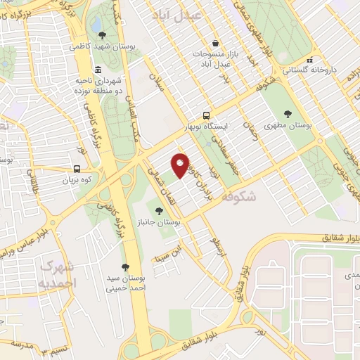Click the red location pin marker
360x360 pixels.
pos(180,165)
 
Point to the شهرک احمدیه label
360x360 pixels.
pos(56,275)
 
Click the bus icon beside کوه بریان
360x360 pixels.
pos(77,169)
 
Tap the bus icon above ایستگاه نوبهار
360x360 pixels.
pos(206,115)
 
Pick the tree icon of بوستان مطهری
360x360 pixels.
pos(288,114)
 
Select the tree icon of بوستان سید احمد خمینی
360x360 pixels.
pos(125,267)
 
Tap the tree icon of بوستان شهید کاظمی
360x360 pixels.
pos(103,34)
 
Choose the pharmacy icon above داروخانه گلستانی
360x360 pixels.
pos(310,60)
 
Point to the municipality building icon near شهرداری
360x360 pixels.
pos(96,70)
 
